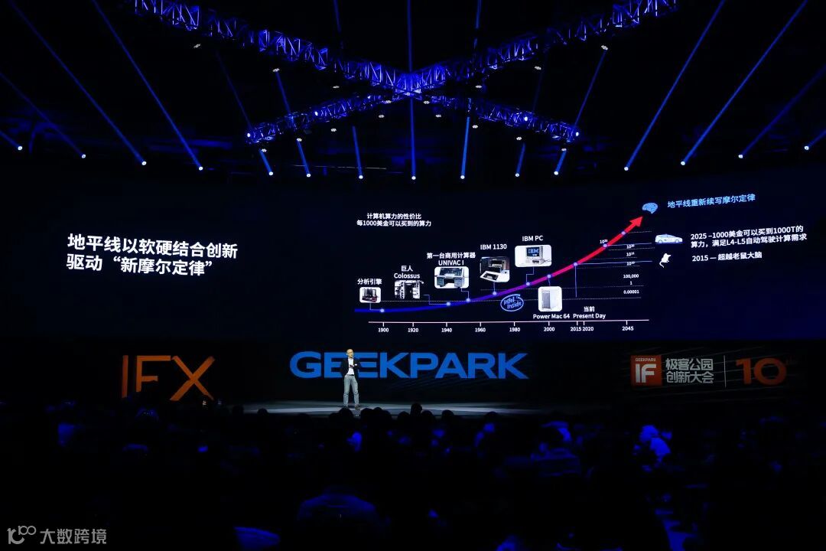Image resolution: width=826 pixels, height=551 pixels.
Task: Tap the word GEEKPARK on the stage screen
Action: pos(408,366)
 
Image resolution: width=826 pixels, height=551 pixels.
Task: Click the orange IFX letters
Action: pos(167,377)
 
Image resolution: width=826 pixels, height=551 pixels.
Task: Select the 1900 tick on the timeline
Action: pos(382,328)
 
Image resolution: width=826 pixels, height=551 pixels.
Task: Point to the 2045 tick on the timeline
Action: pos(628,328)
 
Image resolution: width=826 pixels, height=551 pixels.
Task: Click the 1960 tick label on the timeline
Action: pos(480,328)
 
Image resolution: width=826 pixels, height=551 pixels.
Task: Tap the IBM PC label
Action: pos(533,239)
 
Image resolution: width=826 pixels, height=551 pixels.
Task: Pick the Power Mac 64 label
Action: pos(551,315)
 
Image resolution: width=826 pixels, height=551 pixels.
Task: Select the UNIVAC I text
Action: pos(451,262)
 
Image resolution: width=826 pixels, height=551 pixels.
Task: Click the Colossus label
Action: pos(407,275)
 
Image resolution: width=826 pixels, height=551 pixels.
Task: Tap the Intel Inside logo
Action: pos(512,303)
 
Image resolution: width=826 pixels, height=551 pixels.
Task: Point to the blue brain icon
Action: pos(650,207)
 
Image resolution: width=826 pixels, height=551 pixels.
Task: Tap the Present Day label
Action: pos(589,315)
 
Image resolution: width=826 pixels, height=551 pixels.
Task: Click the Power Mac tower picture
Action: pos(550,298)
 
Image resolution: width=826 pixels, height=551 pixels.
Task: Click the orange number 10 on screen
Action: pos(760,371)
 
